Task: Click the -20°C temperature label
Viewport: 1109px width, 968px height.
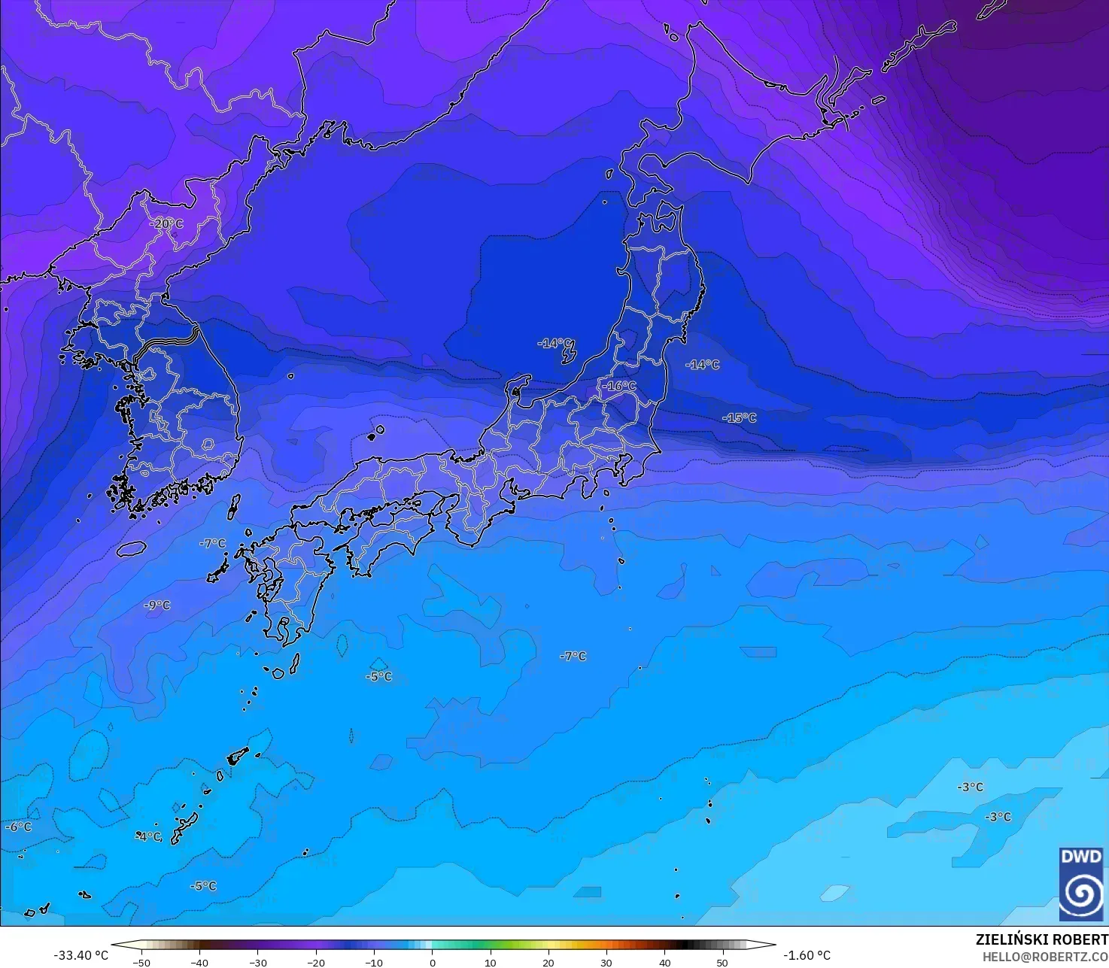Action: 166,223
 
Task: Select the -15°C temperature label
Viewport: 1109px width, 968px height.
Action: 740,417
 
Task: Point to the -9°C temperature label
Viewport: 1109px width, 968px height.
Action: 157,605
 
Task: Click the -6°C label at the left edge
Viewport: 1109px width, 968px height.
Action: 19,827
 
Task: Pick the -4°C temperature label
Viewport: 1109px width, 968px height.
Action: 149,836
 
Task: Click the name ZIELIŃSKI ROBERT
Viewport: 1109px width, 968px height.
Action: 1041,939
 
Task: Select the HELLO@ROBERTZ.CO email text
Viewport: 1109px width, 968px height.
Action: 1045,956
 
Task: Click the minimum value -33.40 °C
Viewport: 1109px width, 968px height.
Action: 81,955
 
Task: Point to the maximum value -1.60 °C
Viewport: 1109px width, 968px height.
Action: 807,955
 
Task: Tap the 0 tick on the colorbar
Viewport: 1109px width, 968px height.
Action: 432,962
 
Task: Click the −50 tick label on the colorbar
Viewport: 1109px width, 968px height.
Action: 141,962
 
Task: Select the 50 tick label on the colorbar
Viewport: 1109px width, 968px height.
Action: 722,962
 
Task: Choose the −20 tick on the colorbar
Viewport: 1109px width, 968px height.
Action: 315,962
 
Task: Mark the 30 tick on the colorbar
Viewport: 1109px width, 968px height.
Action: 606,962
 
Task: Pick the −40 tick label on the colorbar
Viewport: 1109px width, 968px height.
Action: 199,962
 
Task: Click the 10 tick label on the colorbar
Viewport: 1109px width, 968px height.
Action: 491,962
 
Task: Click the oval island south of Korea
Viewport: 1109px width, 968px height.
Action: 131,549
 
